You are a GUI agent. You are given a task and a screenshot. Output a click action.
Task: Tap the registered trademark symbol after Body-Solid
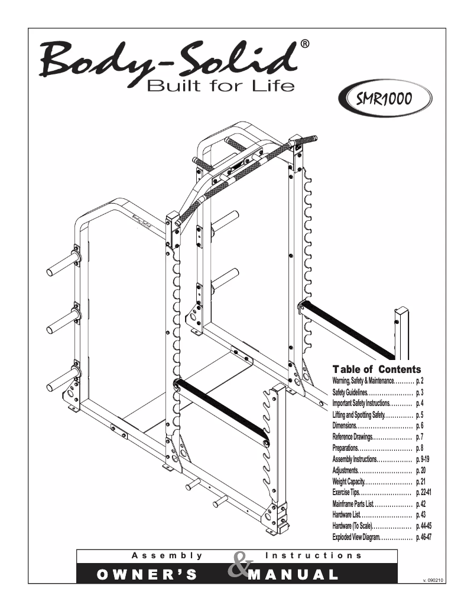[303, 44]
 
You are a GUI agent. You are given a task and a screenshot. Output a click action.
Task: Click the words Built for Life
[220, 87]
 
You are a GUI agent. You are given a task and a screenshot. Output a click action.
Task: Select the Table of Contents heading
[376, 369]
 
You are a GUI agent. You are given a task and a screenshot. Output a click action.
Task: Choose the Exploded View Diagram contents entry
[358, 537]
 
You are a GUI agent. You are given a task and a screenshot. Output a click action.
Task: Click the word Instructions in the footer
[314, 555]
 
